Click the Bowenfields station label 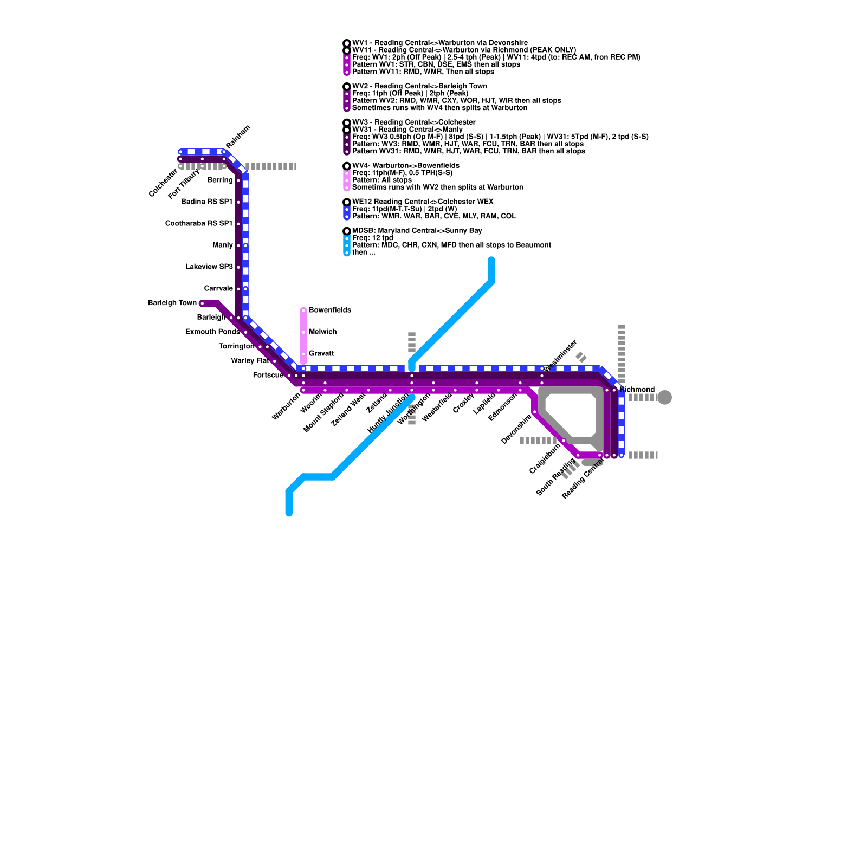[329, 310]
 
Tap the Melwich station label [322, 332]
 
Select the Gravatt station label [321, 353]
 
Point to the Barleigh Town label [172, 303]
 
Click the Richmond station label [637, 390]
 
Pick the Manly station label [223, 245]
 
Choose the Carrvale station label [218, 288]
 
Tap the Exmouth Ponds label [212, 332]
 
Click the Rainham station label [238, 137]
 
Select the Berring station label [220, 180]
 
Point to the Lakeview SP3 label [209, 267]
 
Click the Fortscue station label [268, 375]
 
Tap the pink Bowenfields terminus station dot [303, 310]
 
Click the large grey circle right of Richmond [665, 397]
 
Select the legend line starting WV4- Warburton [405, 166]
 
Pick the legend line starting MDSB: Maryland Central [417, 231]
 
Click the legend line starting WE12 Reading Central [423, 202]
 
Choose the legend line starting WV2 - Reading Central [419, 86]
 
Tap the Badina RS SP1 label [206, 202]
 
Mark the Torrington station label [236, 346]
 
